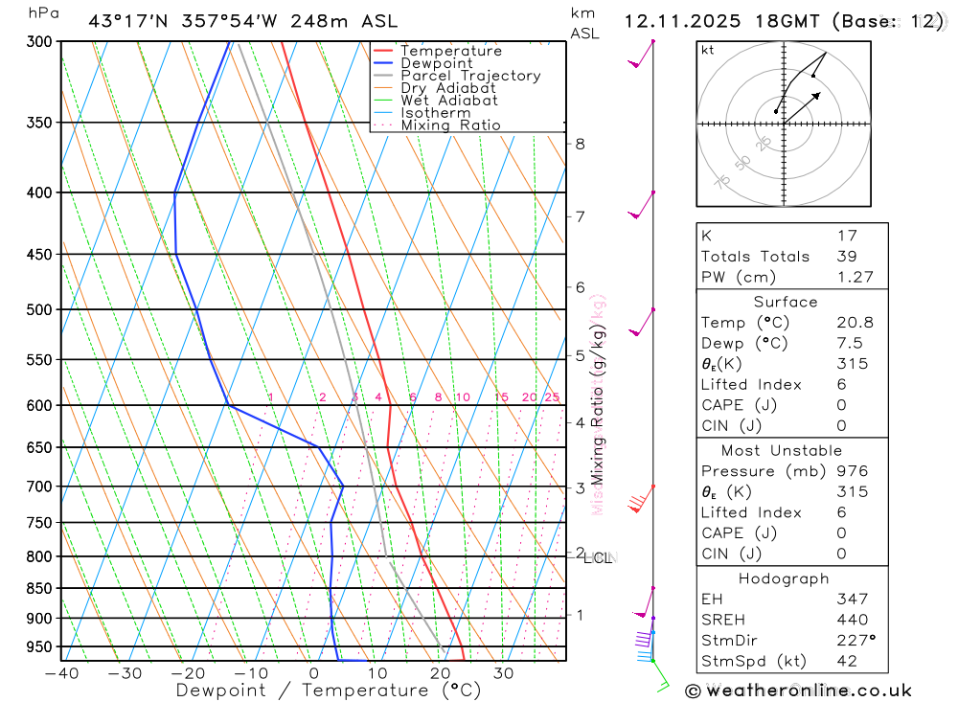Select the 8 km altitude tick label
click(580, 144)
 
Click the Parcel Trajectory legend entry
click(470, 76)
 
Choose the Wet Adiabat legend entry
click(449, 101)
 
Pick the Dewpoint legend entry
click(437, 63)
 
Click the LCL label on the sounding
click(598, 557)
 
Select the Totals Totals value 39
click(847, 256)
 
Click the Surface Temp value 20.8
click(855, 323)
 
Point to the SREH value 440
click(850, 620)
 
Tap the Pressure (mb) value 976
click(852, 471)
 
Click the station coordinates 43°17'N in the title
click(126, 20)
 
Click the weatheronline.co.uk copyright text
click(800, 690)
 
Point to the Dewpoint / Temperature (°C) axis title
click(312, 690)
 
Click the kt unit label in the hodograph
click(708, 50)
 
